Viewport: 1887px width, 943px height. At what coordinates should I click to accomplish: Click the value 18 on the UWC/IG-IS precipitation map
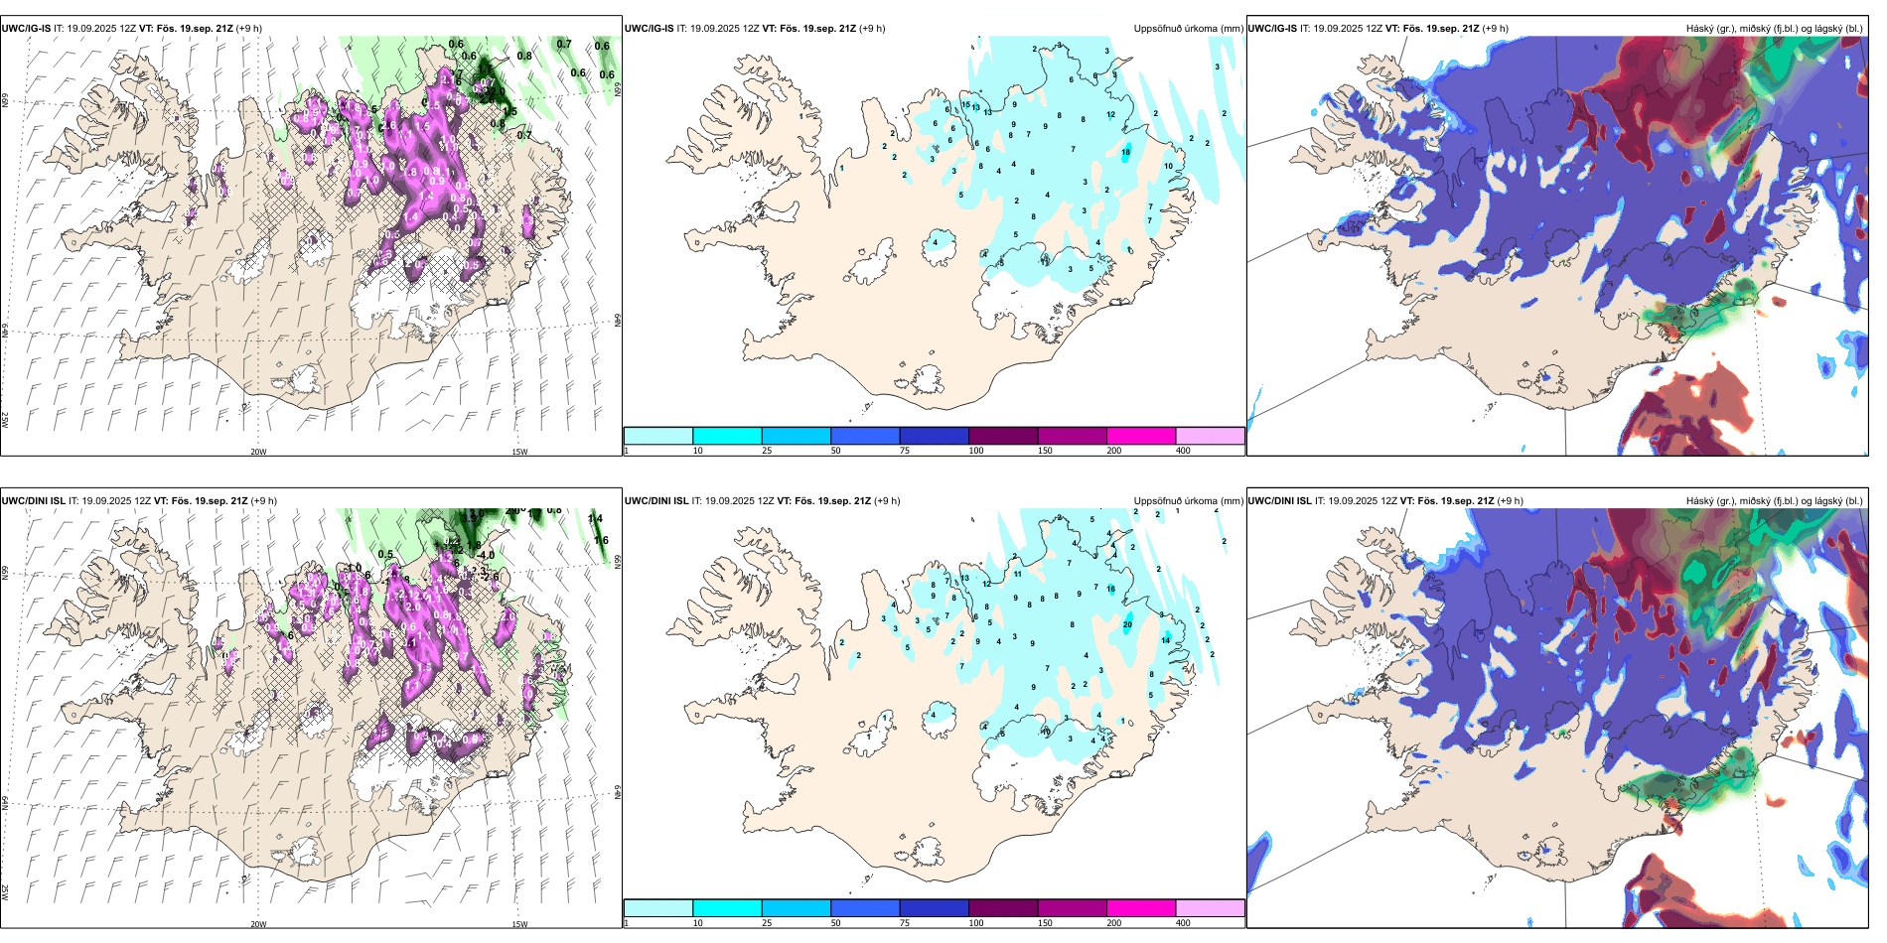(1126, 152)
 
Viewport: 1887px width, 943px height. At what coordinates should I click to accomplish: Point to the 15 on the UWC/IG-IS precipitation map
(965, 104)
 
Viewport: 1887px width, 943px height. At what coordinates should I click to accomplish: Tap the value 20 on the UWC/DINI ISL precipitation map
(1127, 624)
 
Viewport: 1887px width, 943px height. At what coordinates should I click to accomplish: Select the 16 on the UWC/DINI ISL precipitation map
(1110, 589)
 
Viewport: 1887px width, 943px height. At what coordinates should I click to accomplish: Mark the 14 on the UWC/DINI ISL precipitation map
(1166, 640)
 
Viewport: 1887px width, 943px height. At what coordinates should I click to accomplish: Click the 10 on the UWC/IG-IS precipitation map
(1168, 166)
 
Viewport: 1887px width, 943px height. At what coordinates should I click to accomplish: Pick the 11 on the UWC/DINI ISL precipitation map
(1018, 574)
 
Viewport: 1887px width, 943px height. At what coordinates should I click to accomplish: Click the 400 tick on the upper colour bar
(1183, 451)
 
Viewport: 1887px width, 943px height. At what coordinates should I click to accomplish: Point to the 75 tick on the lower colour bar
(905, 923)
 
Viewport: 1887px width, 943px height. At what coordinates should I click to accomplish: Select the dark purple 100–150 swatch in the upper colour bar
(1003, 436)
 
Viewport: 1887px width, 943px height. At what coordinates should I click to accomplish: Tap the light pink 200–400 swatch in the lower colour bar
(1210, 908)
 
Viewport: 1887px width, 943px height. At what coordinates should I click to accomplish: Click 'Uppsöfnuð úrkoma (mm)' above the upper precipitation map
(1188, 29)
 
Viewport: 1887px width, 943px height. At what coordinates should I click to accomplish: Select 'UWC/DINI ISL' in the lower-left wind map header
(33, 501)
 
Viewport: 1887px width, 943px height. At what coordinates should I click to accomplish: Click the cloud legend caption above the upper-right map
(1774, 29)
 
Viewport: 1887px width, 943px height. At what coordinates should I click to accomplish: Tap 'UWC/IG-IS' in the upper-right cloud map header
(1272, 29)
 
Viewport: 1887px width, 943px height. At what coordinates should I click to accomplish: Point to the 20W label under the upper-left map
(258, 452)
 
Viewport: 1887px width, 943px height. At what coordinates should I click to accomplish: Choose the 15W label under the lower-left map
(519, 924)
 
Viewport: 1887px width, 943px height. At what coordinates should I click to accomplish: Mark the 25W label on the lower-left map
(5, 892)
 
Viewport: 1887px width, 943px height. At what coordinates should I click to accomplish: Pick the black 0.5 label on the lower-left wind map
(385, 555)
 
